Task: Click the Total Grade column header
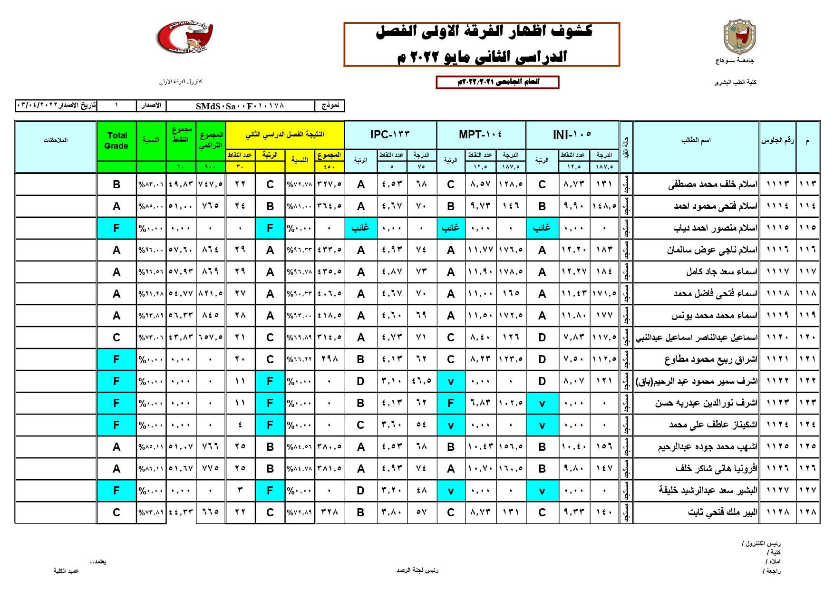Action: coord(116,141)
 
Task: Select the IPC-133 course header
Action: coord(390,135)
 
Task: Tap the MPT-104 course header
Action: coord(480,135)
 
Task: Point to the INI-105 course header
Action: coord(572,135)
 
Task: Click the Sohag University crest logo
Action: coord(739,38)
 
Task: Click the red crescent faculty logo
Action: coord(184,37)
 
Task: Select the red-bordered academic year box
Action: coord(497,82)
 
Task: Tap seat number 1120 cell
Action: coord(777,338)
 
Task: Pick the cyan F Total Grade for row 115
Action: coord(116,228)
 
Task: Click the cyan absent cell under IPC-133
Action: coord(360,228)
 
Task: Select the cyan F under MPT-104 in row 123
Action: coord(451,403)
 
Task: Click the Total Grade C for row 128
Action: coord(116,513)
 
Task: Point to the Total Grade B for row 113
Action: coord(116,184)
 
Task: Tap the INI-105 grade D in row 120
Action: coord(542,338)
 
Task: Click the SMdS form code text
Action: coord(240,106)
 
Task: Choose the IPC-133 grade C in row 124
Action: coord(360,425)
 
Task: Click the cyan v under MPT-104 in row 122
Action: coord(451,381)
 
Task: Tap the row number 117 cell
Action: coord(807,272)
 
